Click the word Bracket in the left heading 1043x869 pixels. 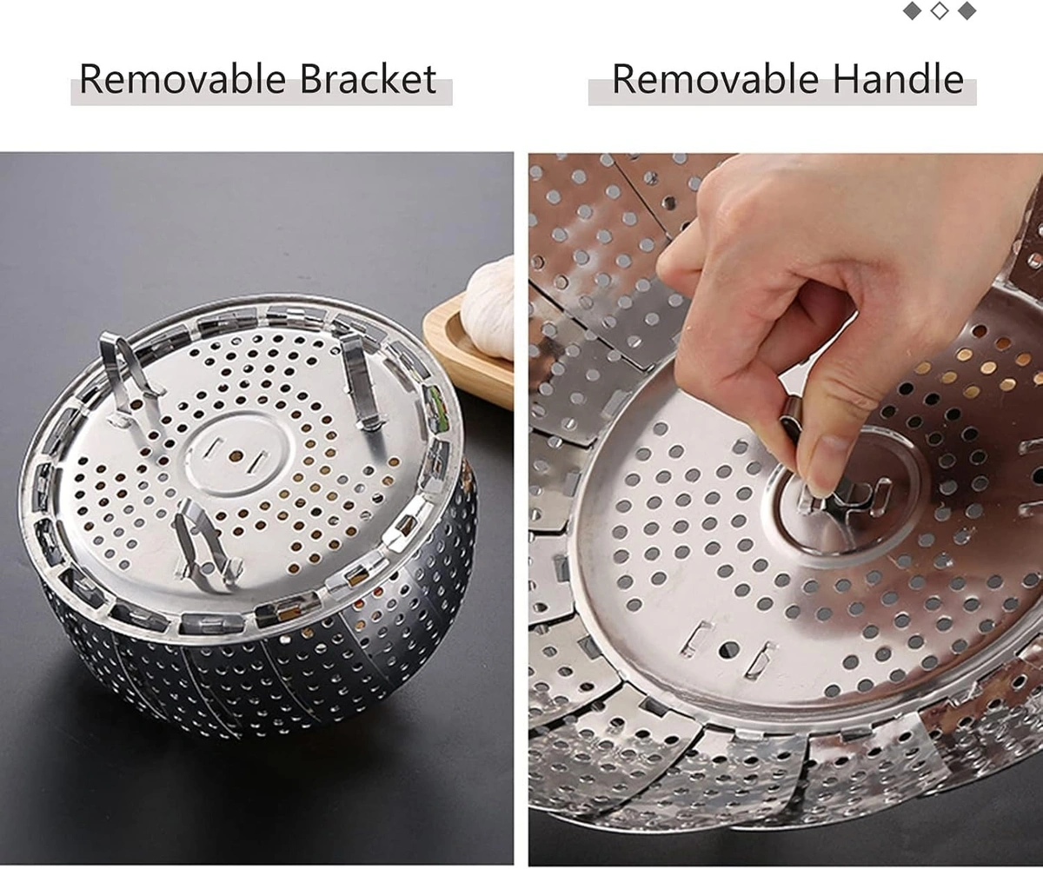[x=369, y=79]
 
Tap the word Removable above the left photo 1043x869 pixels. [x=183, y=79]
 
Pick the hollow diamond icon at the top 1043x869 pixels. [x=939, y=11]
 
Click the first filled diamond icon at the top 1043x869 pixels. [x=912, y=11]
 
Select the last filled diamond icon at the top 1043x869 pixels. [x=967, y=11]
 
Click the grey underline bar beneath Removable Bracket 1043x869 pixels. [x=261, y=95]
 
